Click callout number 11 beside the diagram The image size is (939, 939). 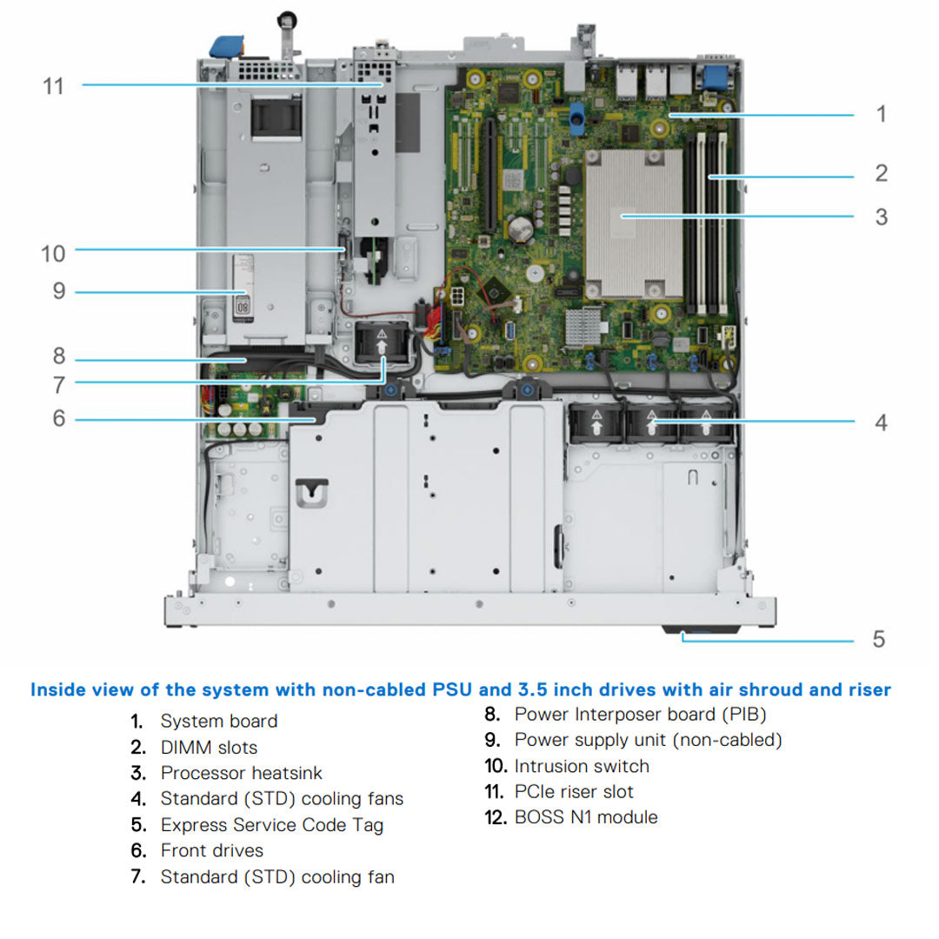54,86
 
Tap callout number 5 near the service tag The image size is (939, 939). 879,639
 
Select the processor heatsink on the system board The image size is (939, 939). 623,223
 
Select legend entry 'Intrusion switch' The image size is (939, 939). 581,766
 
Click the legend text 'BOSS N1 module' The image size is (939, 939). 585,816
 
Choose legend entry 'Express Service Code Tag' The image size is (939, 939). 271,824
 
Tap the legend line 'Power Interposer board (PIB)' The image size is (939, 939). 640,714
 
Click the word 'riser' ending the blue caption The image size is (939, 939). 869,689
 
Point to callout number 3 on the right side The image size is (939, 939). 881,216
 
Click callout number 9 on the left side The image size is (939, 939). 59,290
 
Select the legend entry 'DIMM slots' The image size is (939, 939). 209,747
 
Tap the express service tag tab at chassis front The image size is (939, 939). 701,629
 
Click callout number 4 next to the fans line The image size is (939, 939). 881,423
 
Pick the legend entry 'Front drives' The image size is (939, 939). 211,850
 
